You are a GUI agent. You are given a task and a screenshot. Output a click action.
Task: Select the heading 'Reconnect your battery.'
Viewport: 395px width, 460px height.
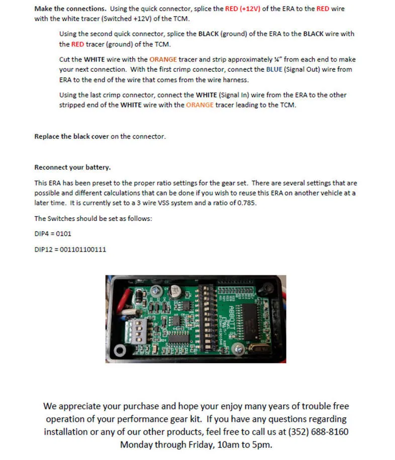click(72, 167)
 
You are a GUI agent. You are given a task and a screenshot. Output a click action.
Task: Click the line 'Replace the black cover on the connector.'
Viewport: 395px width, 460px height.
click(100, 136)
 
